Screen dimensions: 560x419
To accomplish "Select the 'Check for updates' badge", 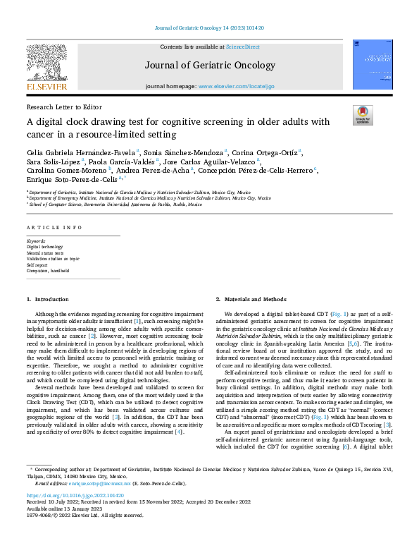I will point(362,115).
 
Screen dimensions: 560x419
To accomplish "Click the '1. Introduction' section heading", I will point(48,299).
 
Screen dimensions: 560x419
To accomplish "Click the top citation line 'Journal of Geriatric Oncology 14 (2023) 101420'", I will point(208,28).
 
